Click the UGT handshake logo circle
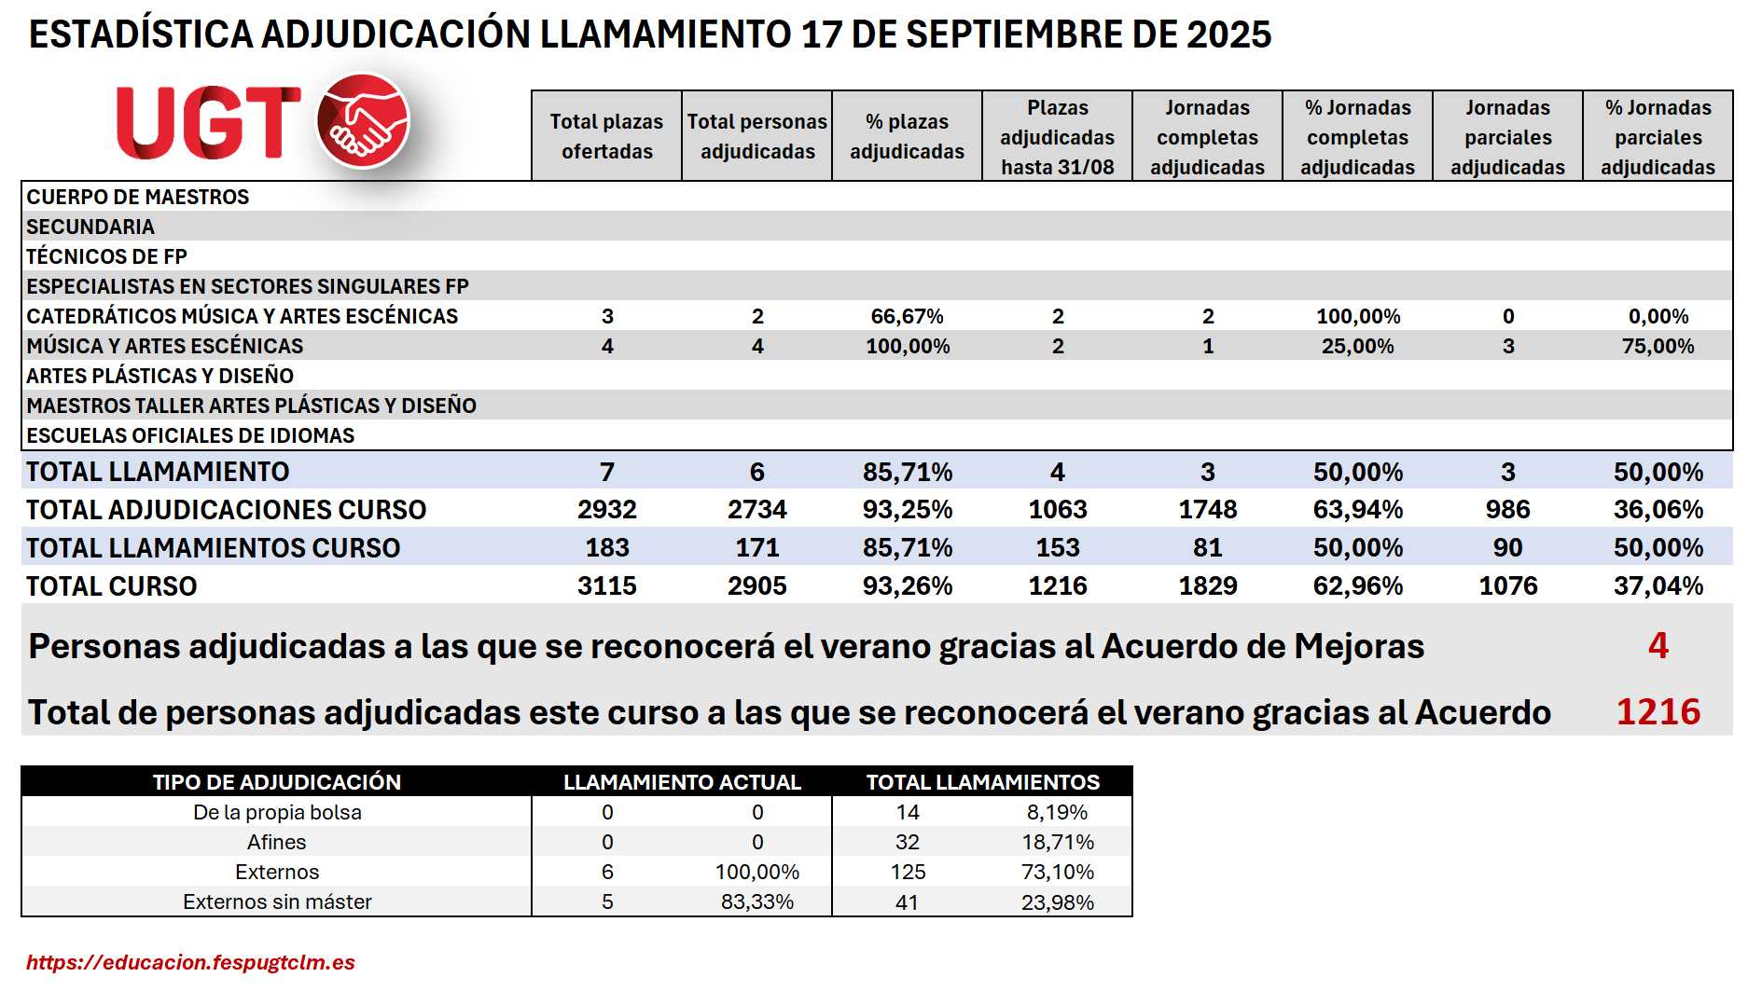click(x=363, y=121)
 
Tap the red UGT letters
click(x=208, y=123)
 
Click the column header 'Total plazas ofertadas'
click(x=606, y=136)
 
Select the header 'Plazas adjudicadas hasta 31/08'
click(x=1057, y=137)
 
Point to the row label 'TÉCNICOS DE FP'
click(x=107, y=256)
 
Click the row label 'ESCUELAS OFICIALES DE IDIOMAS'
click(x=190, y=435)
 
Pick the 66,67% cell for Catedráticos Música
click(x=907, y=316)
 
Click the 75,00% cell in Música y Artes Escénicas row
click(x=1658, y=346)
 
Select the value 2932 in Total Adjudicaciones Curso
click(x=606, y=509)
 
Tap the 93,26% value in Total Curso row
click(x=907, y=585)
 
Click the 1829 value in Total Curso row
click(x=1207, y=585)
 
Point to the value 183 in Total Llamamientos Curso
click(x=606, y=547)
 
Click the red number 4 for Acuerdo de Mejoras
click(x=1658, y=645)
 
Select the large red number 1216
click(x=1658, y=711)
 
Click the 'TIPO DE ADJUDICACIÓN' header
click(x=277, y=782)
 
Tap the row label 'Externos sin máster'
click(x=277, y=902)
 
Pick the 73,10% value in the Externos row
click(x=1057, y=872)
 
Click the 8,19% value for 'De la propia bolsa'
click(x=1057, y=812)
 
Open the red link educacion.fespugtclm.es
click(x=190, y=962)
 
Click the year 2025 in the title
click(x=1228, y=34)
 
